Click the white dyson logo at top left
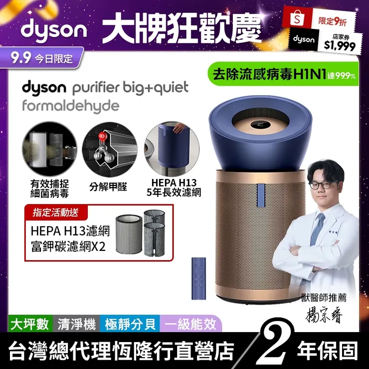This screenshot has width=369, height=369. pos(54,29)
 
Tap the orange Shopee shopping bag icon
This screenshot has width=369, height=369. pos(297,17)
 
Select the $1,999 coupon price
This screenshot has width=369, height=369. pos(340,45)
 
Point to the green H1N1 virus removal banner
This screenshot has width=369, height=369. pos(283,74)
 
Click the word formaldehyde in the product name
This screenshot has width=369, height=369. pos(71,106)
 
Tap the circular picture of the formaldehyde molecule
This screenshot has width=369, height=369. pos(110,150)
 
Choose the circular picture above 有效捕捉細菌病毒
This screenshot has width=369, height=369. pos(49,149)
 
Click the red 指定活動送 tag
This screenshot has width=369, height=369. pos(56,212)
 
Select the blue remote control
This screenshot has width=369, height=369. pos(198,278)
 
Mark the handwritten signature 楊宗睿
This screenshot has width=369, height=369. pos(324,314)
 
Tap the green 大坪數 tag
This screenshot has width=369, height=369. pos(30,324)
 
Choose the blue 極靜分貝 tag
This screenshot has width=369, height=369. pos(130,324)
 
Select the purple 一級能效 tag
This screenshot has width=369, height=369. pos(190,324)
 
